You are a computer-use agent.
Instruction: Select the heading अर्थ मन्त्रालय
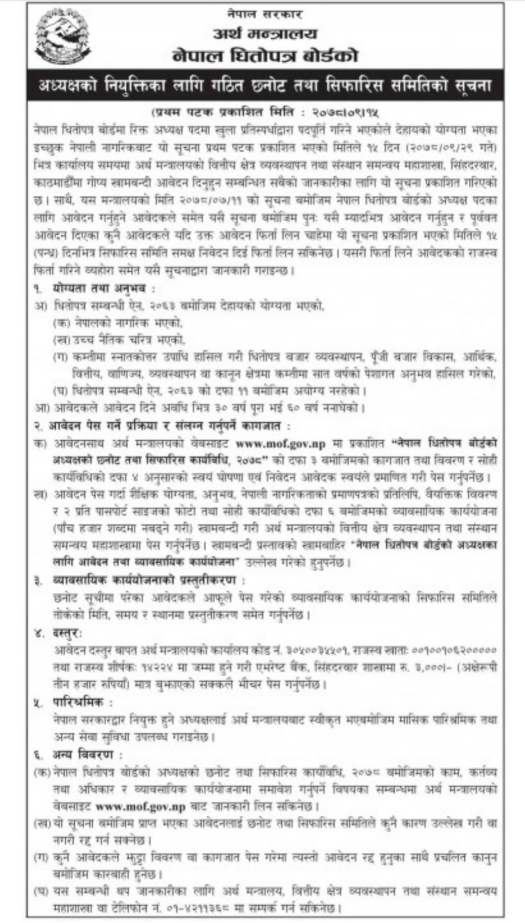coord(265,34)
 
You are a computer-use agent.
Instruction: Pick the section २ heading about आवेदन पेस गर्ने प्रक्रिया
coord(163,425)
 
